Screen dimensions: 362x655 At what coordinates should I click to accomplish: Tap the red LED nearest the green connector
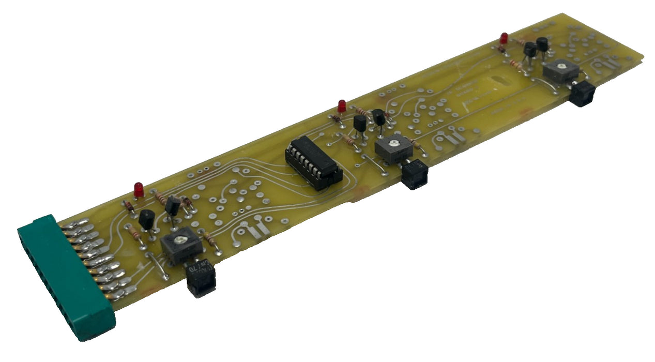(139, 189)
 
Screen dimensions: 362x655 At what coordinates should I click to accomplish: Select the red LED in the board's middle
(341, 106)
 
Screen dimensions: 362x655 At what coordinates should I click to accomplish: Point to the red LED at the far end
(504, 38)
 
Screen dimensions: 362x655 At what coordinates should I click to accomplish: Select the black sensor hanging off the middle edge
(415, 174)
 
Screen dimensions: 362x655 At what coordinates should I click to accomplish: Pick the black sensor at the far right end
(583, 94)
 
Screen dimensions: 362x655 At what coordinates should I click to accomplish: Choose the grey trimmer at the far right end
(559, 71)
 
